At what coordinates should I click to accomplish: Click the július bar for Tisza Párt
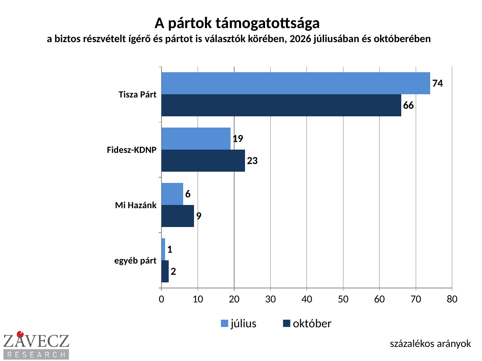pyautogui.click(x=296, y=83)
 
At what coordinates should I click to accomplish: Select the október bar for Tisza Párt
pyautogui.click(x=281, y=105)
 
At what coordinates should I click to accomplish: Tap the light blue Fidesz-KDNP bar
pyautogui.click(x=196, y=138)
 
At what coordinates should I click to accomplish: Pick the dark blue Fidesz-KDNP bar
pyautogui.click(x=203, y=161)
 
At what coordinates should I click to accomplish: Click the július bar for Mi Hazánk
pyautogui.click(x=172, y=194)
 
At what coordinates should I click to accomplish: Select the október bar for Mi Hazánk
pyautogui.click(x=178, y=216)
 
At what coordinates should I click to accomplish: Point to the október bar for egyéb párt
pyautogui.click(x=165, y=272)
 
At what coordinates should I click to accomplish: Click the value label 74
pyautogui.click(x=437, y=83)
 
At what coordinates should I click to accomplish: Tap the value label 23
pyautogui.click(x=252, y=161)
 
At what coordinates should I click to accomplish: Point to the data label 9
pyautogui.click(x=199, y=216)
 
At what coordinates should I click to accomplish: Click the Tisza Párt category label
pyautogui.click(x=137, y=95)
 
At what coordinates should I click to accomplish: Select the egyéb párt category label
pyautogui.click(x=135, y=261)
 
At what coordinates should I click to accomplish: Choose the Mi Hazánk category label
pyautogui.click(x=136, y=205)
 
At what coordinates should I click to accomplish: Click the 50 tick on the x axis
pyautogui.click(x=343, y=299)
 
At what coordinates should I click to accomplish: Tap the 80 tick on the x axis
pyautogui.click(x=452, y=299)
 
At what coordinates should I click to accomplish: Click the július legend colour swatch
pyautogui.click(x=224, y=324)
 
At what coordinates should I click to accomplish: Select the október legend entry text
pyautogui.click(x=312, y=324)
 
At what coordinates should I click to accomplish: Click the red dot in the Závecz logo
pyautogui.click(x=20, y=334)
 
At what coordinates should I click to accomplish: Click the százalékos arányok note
pyautogui.click(x=430, y=344)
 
